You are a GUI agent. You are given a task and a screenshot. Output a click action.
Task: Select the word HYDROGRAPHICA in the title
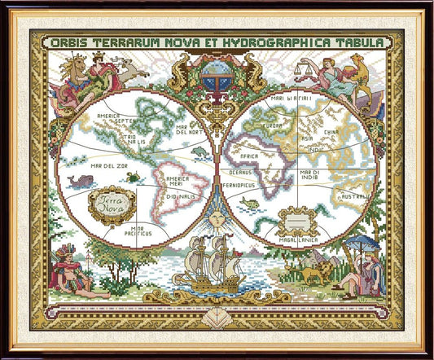coord(271,41)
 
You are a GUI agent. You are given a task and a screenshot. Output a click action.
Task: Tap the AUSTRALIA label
coord(356,195)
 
